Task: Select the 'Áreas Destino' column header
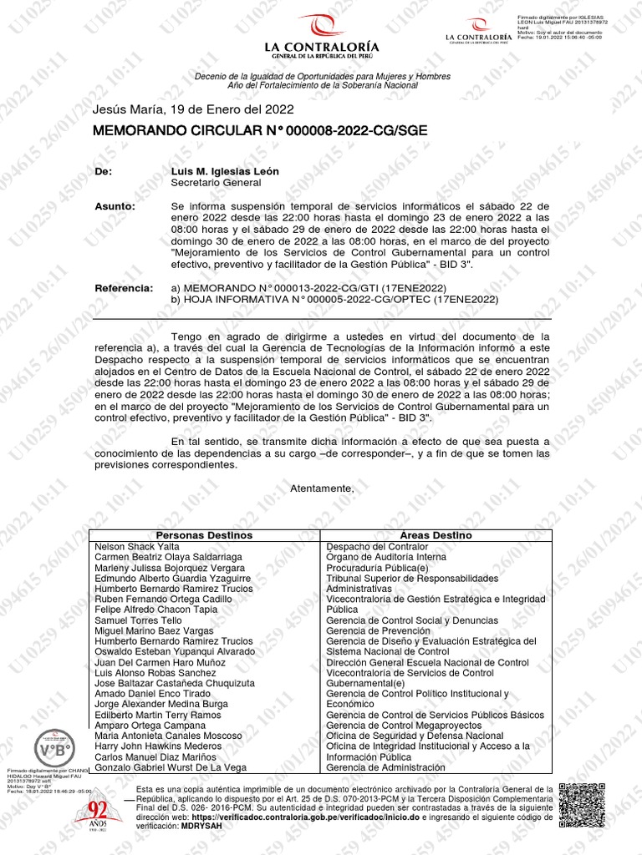click(436, 535)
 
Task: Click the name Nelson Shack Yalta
click(137, 546)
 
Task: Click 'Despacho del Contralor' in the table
click(376, 546)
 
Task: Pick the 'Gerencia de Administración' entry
click(385, 767)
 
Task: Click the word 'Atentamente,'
click(322, 488)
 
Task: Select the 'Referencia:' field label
click(124, 288)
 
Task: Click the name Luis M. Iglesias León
click(225, 171)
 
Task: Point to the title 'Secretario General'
click(216, 183)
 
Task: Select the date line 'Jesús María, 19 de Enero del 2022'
click(193, 109)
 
